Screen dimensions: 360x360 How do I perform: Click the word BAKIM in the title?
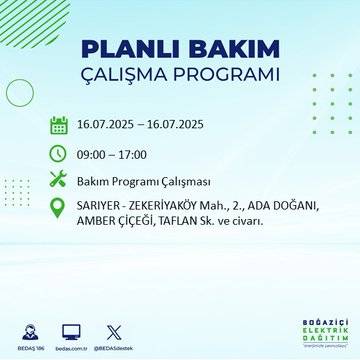228,49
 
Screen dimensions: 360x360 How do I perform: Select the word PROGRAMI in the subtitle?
229,76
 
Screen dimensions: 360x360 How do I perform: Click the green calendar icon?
59,126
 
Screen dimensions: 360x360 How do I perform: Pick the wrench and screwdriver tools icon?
59,180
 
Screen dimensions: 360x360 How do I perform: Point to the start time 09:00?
94,154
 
